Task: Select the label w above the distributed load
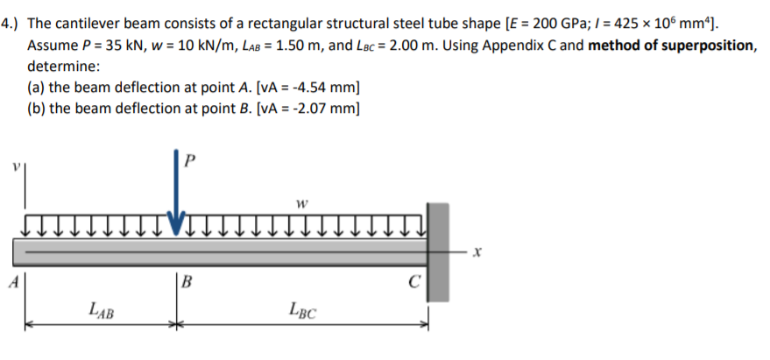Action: (x=300, y=207)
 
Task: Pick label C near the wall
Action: (x=414, y=282)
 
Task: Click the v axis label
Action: (x=15, y=164)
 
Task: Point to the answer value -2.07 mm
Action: (x=318, y=109)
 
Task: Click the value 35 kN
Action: (x=134, y=45)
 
